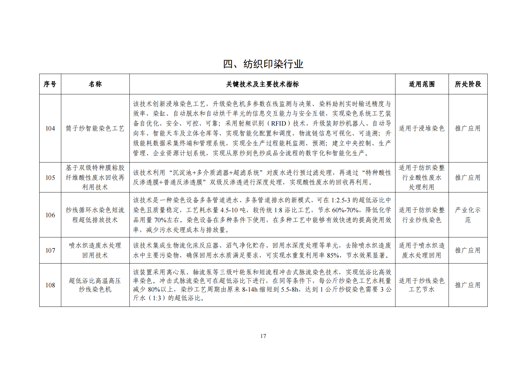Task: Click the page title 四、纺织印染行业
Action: pyautogui.click(x=263, y=64)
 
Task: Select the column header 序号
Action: pyautogui.click(x=50, y=84)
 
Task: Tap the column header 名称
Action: pyautogui.click(x=95, y=84)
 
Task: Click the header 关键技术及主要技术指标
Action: pyautogui.click(x=263, y=84)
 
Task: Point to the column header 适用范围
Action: pyautogui.click(x=422, y=84)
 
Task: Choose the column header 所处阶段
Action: pyautogui.click(x=468, y=84)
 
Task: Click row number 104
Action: pyautogui.click(x=50, y=128)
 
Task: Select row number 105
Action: pyautogui.click(x=50, y=178)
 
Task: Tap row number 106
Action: pyautogui.click(x=50, y=215)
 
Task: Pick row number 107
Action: pyautogui.click(x=50, y=250)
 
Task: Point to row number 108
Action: pyautogui.click(x=50, y=285)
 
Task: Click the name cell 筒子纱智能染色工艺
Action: pyautogui.click(x=95, y=128)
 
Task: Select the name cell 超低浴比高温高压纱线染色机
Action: pyautogui.click(x=95, y=285)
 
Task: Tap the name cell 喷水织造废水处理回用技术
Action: pyautogui.click(x=95, y=250)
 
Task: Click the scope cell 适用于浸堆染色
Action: pyautogui.click(x=422, y=128)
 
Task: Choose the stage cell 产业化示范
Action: pyautogui.click(x=468, y=215)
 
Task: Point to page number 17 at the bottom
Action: pyautogui.click(x=263, y=336)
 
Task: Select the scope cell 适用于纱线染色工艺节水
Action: pyautogui.click(x=422, y=285)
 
